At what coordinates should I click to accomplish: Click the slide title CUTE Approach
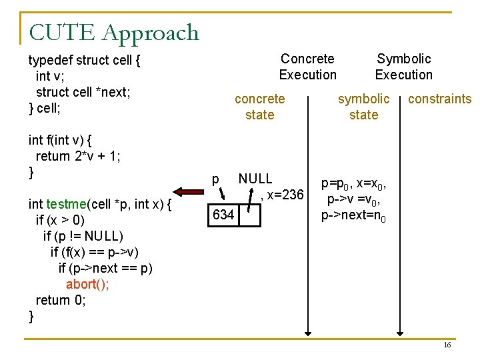point(114,33)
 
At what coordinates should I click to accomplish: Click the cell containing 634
point(223,215)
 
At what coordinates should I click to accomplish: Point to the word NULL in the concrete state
point(255,179)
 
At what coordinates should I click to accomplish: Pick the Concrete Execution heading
point(307,67)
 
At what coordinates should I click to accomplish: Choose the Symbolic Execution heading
point(403,67)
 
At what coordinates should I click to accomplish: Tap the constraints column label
point(439,99)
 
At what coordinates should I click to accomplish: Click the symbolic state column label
point(363,107)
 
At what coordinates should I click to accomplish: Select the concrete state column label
point(259,107)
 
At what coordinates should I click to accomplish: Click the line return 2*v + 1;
point(77,156)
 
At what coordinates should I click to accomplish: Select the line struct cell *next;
point(83,92)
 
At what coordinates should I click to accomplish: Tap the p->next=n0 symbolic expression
point(353,215)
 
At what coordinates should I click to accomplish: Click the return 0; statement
point(61,300)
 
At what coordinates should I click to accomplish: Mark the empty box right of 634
point(249,215)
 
